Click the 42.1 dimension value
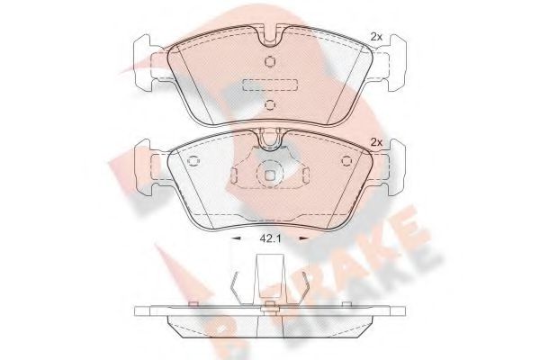pos(271,239)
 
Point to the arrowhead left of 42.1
pos(237,239)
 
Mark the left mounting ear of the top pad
pos(145,64)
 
